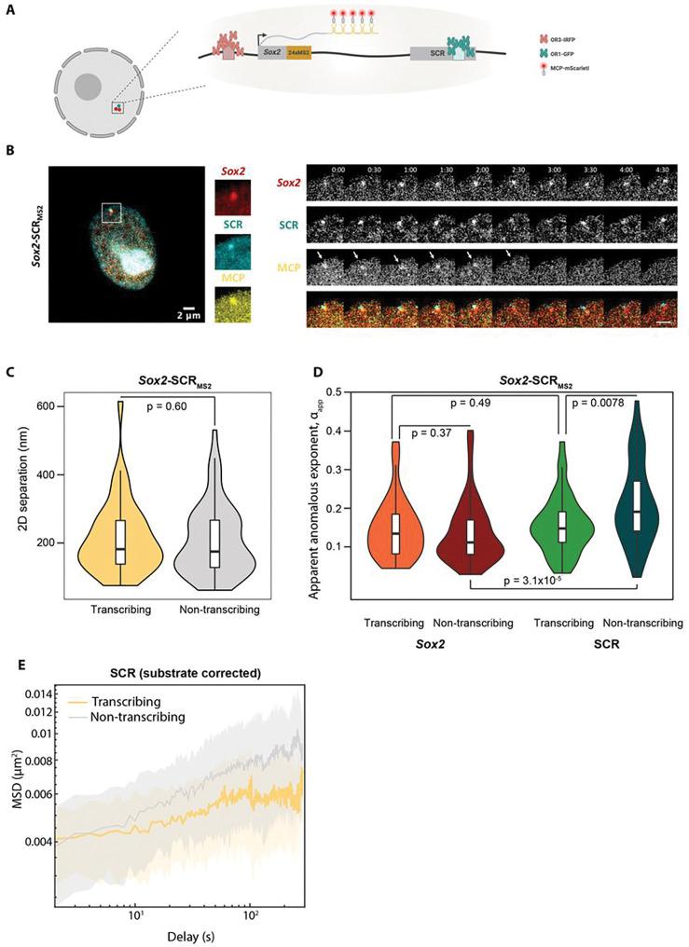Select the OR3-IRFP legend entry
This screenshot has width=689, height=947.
pyautogui.click(x=576, y=43)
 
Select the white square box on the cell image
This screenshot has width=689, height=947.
pyautogui.click(x=111, y=213)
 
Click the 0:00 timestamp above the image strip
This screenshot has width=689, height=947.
pyautogui.click(x=322, y=171)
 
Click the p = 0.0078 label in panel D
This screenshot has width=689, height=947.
pyautogui.click(x=603, y=403)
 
